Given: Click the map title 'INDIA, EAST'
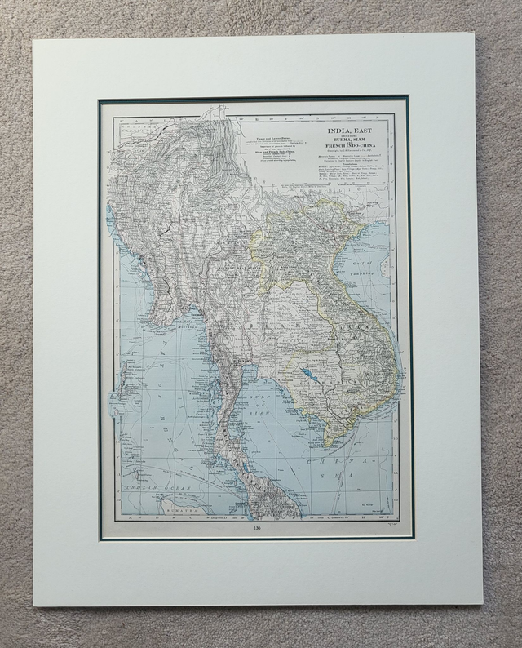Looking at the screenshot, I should tap(349, 131).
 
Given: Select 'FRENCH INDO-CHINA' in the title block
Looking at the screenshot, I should tap(349, 153).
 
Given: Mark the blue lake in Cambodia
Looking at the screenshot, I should tap(308, 375).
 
